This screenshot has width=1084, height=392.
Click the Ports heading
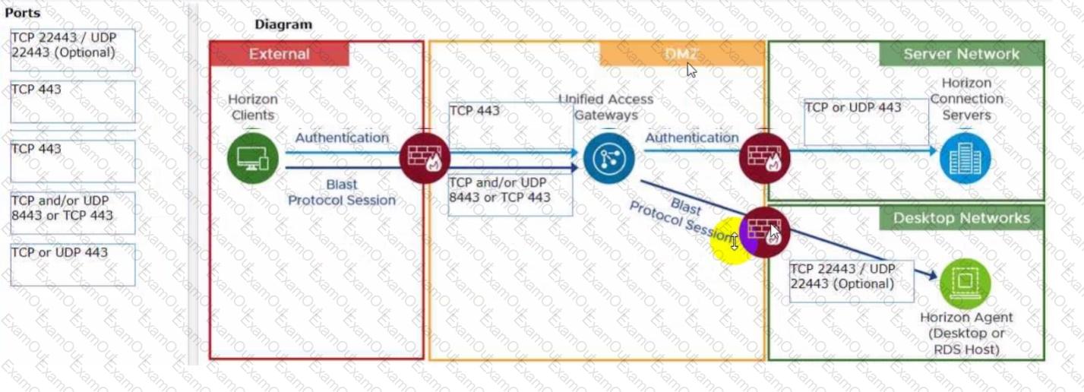pos(23,13)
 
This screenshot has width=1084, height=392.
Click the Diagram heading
pos(283,24)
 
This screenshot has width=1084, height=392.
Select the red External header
pos(279,54)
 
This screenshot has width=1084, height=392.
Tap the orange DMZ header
pos(681,54)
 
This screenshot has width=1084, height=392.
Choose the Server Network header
pos(961,54)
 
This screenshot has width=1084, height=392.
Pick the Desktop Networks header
pos(961,218)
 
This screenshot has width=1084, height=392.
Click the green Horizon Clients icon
pos(252,158)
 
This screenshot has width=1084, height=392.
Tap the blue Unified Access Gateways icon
pos(608,158)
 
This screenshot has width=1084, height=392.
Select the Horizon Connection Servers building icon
pos(965,158)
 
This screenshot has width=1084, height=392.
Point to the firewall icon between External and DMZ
pos(425,158)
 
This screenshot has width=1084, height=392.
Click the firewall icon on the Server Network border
pos(765,158)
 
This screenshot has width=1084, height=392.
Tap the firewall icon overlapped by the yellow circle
pos(765,232)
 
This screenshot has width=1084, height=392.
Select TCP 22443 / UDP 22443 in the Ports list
pos(73,49)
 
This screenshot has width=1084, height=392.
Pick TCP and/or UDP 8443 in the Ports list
pos(73,212)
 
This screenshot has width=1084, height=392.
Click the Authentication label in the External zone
pos(342,138)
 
